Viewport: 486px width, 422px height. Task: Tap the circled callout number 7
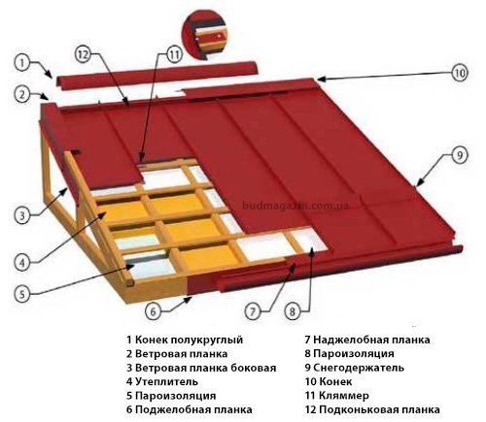point(253,311)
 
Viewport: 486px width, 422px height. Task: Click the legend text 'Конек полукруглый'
point(190,340)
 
